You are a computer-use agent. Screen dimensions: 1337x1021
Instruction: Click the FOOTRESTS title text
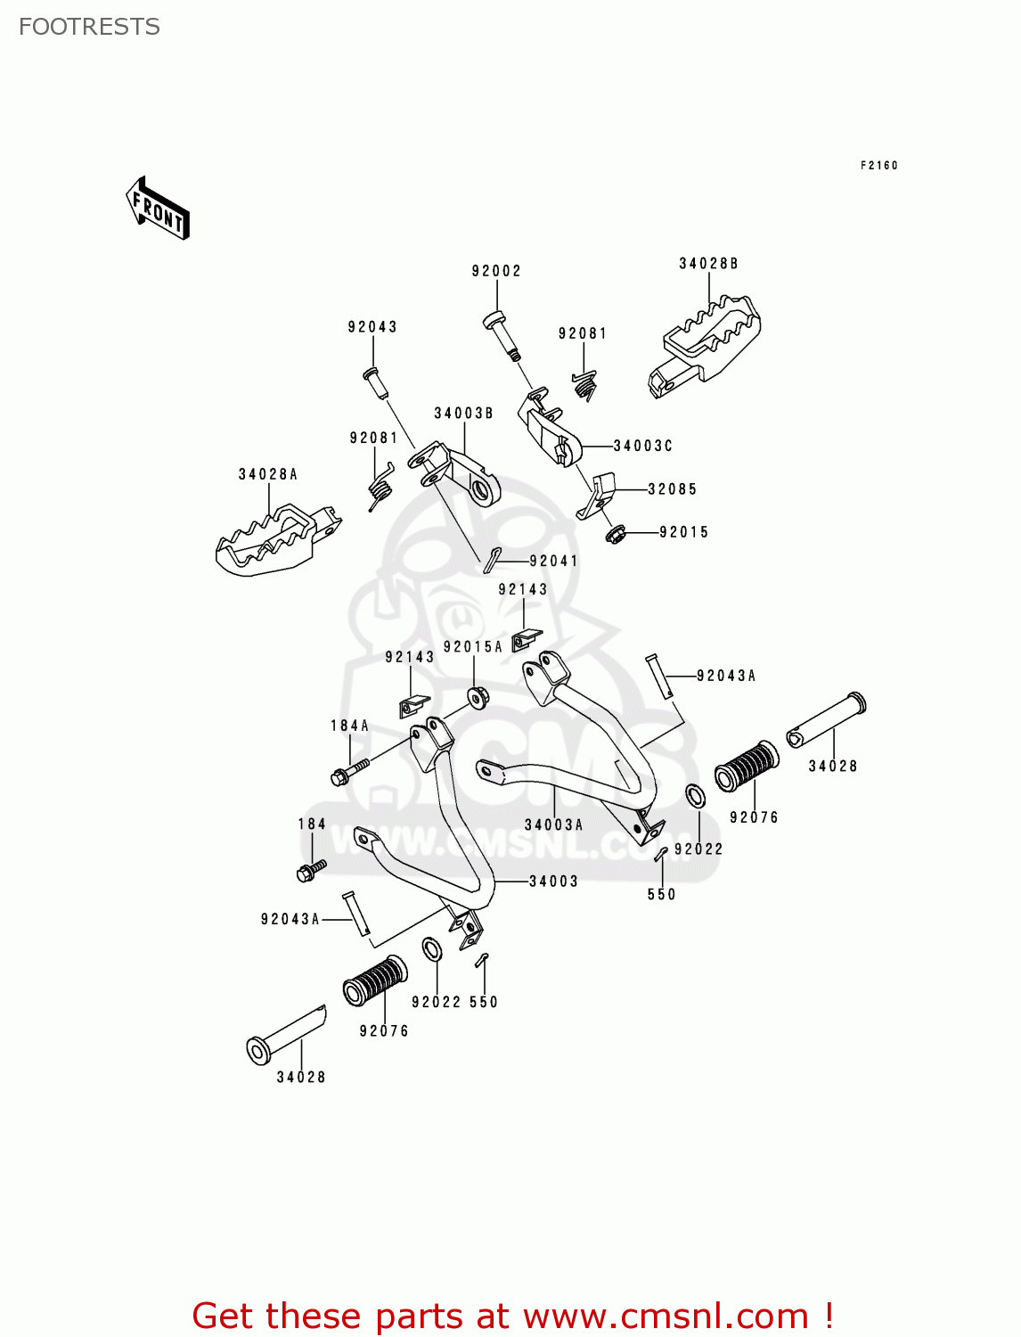tap(89, 27)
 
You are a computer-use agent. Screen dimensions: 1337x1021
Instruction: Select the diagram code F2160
tap(878, 165)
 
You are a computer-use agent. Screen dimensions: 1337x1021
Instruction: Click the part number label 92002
tap(496, 271)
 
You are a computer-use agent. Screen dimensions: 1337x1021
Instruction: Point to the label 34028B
tap(708, 264)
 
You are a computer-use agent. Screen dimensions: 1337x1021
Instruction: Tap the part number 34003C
tap(642, 446)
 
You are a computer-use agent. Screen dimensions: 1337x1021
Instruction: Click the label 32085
tap(672, 489)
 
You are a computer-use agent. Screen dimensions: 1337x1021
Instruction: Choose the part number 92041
tap(553, 561)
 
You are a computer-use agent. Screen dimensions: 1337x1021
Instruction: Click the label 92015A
tap(472, 647)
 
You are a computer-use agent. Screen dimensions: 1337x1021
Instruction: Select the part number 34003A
tap(553, 825)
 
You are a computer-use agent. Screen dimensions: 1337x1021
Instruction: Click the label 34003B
tap(463, 414)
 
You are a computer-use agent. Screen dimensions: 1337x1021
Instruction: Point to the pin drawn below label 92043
tap(376, 382)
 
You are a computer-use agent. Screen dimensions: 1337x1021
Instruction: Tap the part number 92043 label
tap(372, 327)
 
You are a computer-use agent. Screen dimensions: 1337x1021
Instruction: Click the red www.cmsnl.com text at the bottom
tap(665, 1316)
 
